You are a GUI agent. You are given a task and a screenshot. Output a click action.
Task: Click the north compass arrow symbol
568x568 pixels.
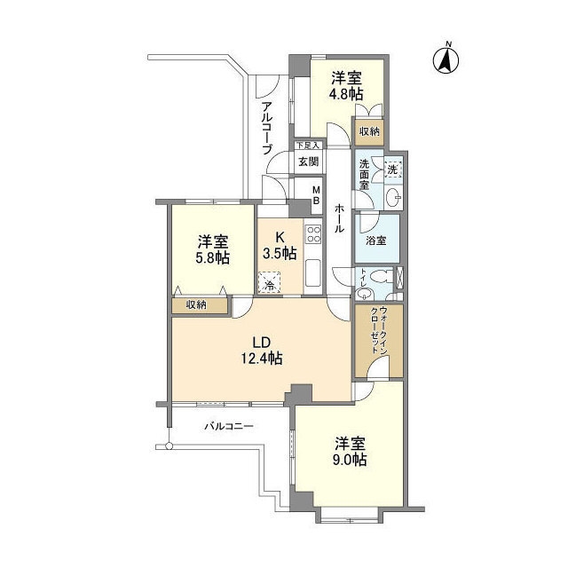(x=446, y=59)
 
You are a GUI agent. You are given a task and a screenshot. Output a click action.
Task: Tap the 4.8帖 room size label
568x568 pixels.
(x=346, y=94)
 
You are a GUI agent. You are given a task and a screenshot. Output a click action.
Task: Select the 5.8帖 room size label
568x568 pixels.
(x=213, y=257)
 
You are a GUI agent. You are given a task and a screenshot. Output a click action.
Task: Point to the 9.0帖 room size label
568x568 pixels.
(x=350, y=460)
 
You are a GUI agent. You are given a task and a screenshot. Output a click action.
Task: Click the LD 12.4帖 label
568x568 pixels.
(x=262, y=350)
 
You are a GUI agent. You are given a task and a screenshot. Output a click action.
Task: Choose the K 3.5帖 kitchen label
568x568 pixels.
(x=280, y=245)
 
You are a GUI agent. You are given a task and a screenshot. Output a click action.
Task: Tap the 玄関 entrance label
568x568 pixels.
(x=308, y=162)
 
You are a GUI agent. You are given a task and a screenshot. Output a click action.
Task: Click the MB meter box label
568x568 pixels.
(x=316, y=195)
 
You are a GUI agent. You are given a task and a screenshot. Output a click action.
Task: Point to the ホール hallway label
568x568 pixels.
(x=339, y=217)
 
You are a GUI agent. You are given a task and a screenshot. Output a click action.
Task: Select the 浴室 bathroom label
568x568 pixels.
(x=375, y=241)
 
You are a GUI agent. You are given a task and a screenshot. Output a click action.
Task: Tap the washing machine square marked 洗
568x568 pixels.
(x=392, y=170)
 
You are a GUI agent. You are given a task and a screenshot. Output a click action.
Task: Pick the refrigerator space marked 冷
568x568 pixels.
(x=269, y=282)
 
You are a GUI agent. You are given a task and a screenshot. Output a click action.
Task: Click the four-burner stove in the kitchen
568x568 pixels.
(x=313, y=234)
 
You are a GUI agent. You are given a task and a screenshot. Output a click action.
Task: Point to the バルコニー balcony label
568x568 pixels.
(x=229, y=426)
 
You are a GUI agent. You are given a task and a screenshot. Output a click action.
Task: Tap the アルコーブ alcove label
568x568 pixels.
(x=266, y=128)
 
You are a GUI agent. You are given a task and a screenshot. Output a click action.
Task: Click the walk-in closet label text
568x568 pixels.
(x=379, y=332)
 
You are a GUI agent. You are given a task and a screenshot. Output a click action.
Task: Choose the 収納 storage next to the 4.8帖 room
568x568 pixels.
(x=369, y=132)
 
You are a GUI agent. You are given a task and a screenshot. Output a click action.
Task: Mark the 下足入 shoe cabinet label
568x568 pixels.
(x=308, y=146)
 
